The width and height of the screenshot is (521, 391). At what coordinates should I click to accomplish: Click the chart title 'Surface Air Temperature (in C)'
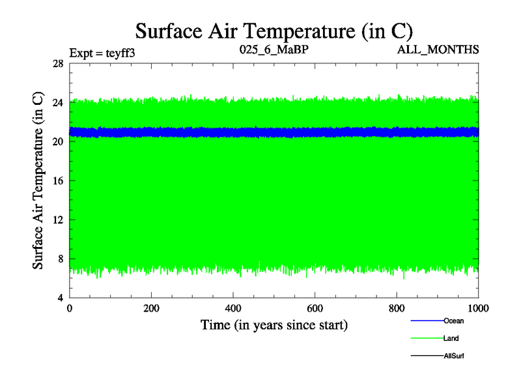point(274,31)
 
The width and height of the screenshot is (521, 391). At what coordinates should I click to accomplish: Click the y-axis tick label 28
point(57,63)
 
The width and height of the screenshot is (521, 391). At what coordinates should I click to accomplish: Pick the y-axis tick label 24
point(57,102)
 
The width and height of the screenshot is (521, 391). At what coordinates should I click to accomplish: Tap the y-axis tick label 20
point(57,141)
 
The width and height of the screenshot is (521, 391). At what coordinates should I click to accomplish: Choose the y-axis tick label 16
point(57,181)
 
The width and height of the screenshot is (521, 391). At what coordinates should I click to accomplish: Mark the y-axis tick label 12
point(57,220)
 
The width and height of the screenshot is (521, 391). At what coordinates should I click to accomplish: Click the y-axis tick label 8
point(60,259)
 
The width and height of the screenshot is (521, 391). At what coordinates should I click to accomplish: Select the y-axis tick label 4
point(60,298)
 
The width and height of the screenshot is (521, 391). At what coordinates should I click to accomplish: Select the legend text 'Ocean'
point(453,321)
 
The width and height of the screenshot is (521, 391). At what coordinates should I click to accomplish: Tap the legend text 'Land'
point(451,338)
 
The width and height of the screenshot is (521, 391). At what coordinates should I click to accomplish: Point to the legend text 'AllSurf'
point(453,356)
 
